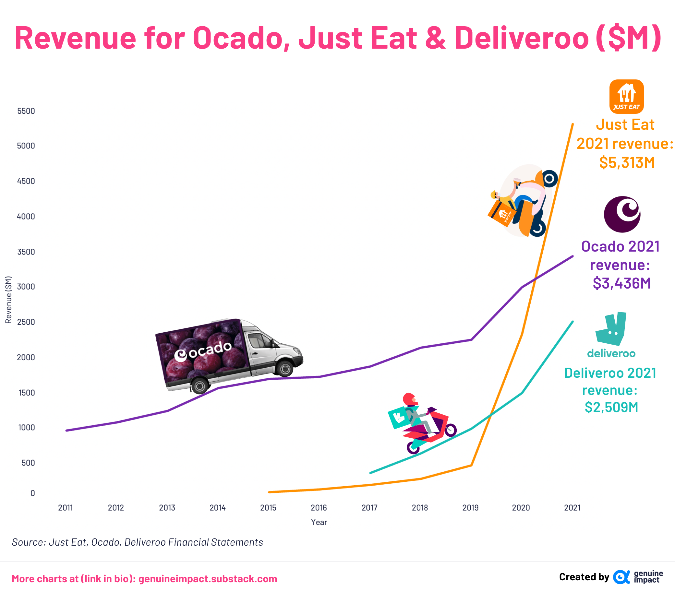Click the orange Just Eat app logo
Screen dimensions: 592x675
coord(626,96)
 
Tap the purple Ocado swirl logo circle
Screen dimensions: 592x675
coord(622,215)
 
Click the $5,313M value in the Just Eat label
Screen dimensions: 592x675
coord(627,163)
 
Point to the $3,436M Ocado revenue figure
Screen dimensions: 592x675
coord(621,283)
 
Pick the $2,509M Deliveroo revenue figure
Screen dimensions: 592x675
coord(611,407)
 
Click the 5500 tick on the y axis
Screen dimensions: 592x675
coord(26,111)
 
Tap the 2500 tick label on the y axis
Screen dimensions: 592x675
coord(26,322)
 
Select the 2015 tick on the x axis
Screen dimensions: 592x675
coord(268,508)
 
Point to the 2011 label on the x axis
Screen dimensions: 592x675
coord(66,508)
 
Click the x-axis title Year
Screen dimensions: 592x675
coord(319,522)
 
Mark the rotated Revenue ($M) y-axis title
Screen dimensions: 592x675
coord(8,300)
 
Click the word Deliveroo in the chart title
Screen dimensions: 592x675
coord(522,38)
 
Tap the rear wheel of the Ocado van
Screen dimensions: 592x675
coord(199,385)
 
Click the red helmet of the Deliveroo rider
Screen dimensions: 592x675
coord(409,399)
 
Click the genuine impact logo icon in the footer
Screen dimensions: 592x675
coord(621,577)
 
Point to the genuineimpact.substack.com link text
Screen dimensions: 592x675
coord(207,579)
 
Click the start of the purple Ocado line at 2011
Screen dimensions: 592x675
coord(67,431)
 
